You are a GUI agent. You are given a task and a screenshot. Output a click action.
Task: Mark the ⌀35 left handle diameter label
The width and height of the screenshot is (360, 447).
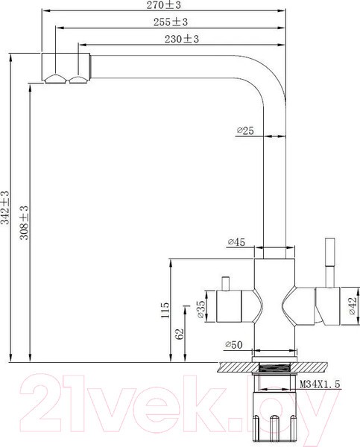tap(201, 311)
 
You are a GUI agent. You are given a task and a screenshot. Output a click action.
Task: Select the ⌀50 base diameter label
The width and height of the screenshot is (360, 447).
tap(234, 344)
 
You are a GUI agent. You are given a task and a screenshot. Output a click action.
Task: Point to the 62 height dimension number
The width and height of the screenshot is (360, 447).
tap(180, 334)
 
